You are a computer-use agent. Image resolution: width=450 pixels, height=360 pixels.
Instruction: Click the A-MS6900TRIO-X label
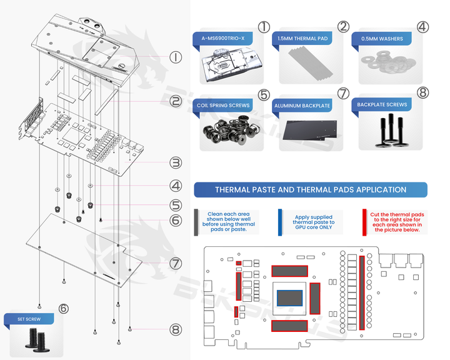(223, 39)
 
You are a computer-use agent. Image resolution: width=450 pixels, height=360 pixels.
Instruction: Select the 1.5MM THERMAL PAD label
(301, 39)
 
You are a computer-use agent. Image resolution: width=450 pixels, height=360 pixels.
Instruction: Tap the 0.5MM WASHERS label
(382, 39)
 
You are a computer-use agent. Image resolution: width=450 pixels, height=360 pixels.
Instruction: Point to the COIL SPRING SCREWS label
(223, 106)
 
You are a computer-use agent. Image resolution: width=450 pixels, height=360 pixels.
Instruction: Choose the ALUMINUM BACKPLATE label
(302, 106)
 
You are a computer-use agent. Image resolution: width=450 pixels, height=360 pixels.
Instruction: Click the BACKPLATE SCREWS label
(382, 106)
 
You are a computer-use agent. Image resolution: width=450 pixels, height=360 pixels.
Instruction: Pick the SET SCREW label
(29, 318)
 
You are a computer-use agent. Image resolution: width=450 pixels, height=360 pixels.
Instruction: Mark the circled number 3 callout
(176, 162)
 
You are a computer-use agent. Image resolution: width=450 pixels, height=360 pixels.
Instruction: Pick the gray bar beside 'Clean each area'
(197, 222)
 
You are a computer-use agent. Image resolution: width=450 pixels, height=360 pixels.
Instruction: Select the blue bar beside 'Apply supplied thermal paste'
(280, 222)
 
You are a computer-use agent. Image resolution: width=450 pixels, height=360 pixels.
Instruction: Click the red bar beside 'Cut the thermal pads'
(364, 222)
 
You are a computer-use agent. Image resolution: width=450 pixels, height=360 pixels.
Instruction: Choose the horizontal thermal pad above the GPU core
(289, 271)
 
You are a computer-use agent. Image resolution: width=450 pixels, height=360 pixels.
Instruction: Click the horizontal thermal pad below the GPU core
(289, 326)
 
